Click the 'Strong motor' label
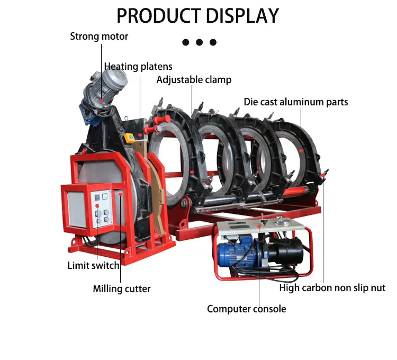tap(99, 37)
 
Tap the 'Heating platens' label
tap(138, 67)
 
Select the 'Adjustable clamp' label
tap(194, 80)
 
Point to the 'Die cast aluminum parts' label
tap(296, 102)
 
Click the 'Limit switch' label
tap(93, 265)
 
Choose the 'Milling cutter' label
tap(122, 289)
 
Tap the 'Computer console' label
tap(246, 309)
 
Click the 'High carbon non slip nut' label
tap(332, 288)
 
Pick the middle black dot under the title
tap(200, 42)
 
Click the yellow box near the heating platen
tap(129, 139)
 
